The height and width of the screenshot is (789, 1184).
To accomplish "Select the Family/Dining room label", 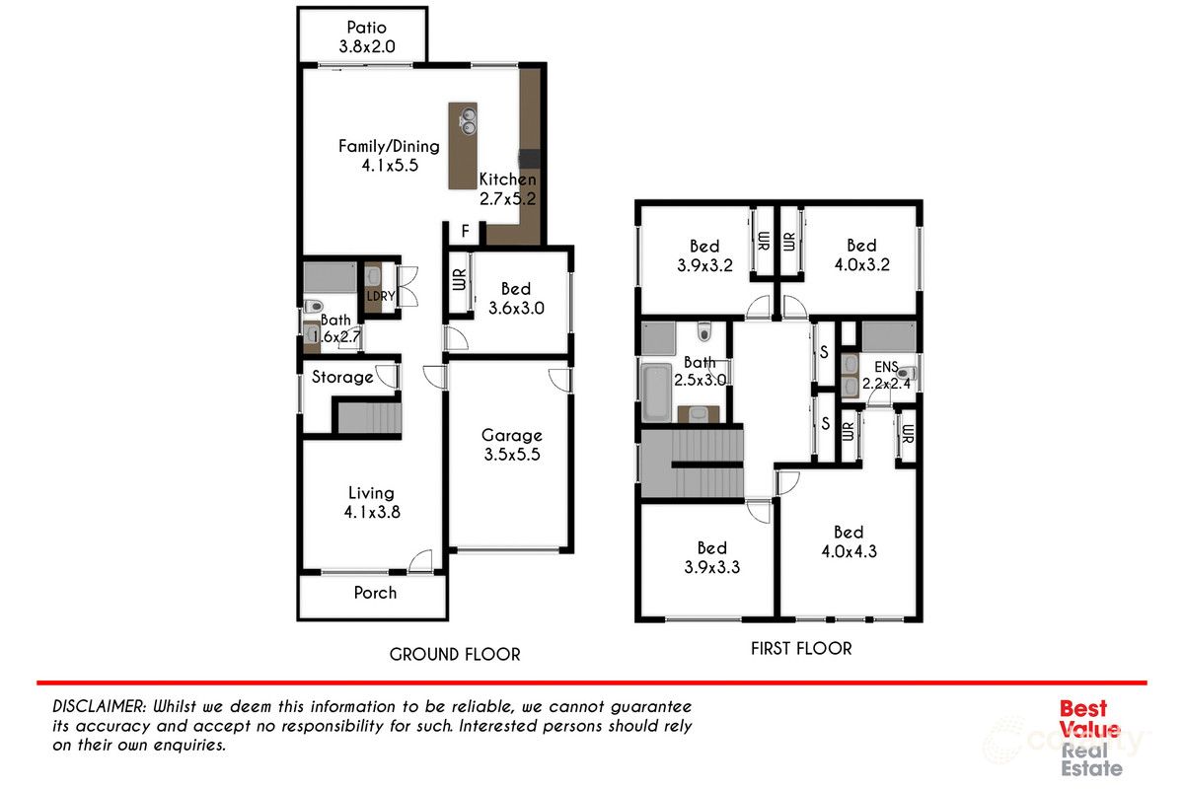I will pyautogui.click(x=389, y=156).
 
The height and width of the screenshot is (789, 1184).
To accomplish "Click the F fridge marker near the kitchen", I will pyautogui.click(x=465, y=232).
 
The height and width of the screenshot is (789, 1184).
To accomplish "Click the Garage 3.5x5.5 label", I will pyautogui.click(x=511, y=445).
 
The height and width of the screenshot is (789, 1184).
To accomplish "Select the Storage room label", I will pyautogui.click(x=342, y=377).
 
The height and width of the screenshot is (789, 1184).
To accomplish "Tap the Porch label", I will pyautogui.click(x=375, y=593).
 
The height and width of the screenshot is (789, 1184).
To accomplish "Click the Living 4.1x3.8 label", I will pyautogui.click(x=371, y=502).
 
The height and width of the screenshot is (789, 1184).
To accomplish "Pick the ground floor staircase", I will pyautogui.click(x=367, y=418).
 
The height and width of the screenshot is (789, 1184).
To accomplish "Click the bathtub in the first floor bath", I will pyautogui.click(x=656, y=393).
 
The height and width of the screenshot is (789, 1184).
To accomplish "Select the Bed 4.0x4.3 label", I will pyautogui.click(x=849, y=541).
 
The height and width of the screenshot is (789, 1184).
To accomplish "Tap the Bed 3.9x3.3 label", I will pyautogui.click(x=712, y=557).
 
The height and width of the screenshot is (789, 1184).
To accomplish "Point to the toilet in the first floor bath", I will pyautogui.click(x=704, y=330).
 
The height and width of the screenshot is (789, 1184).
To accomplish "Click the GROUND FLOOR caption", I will pyautogui.click(x=454, y=654).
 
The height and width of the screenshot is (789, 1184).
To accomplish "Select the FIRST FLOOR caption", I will pyautogui.click(x=801, y=648).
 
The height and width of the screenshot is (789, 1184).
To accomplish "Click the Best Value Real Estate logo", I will pyautogui.click(x=1089, y=738).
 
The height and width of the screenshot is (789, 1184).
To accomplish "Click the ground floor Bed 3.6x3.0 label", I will pyautogui.click(x=515, y=299).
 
